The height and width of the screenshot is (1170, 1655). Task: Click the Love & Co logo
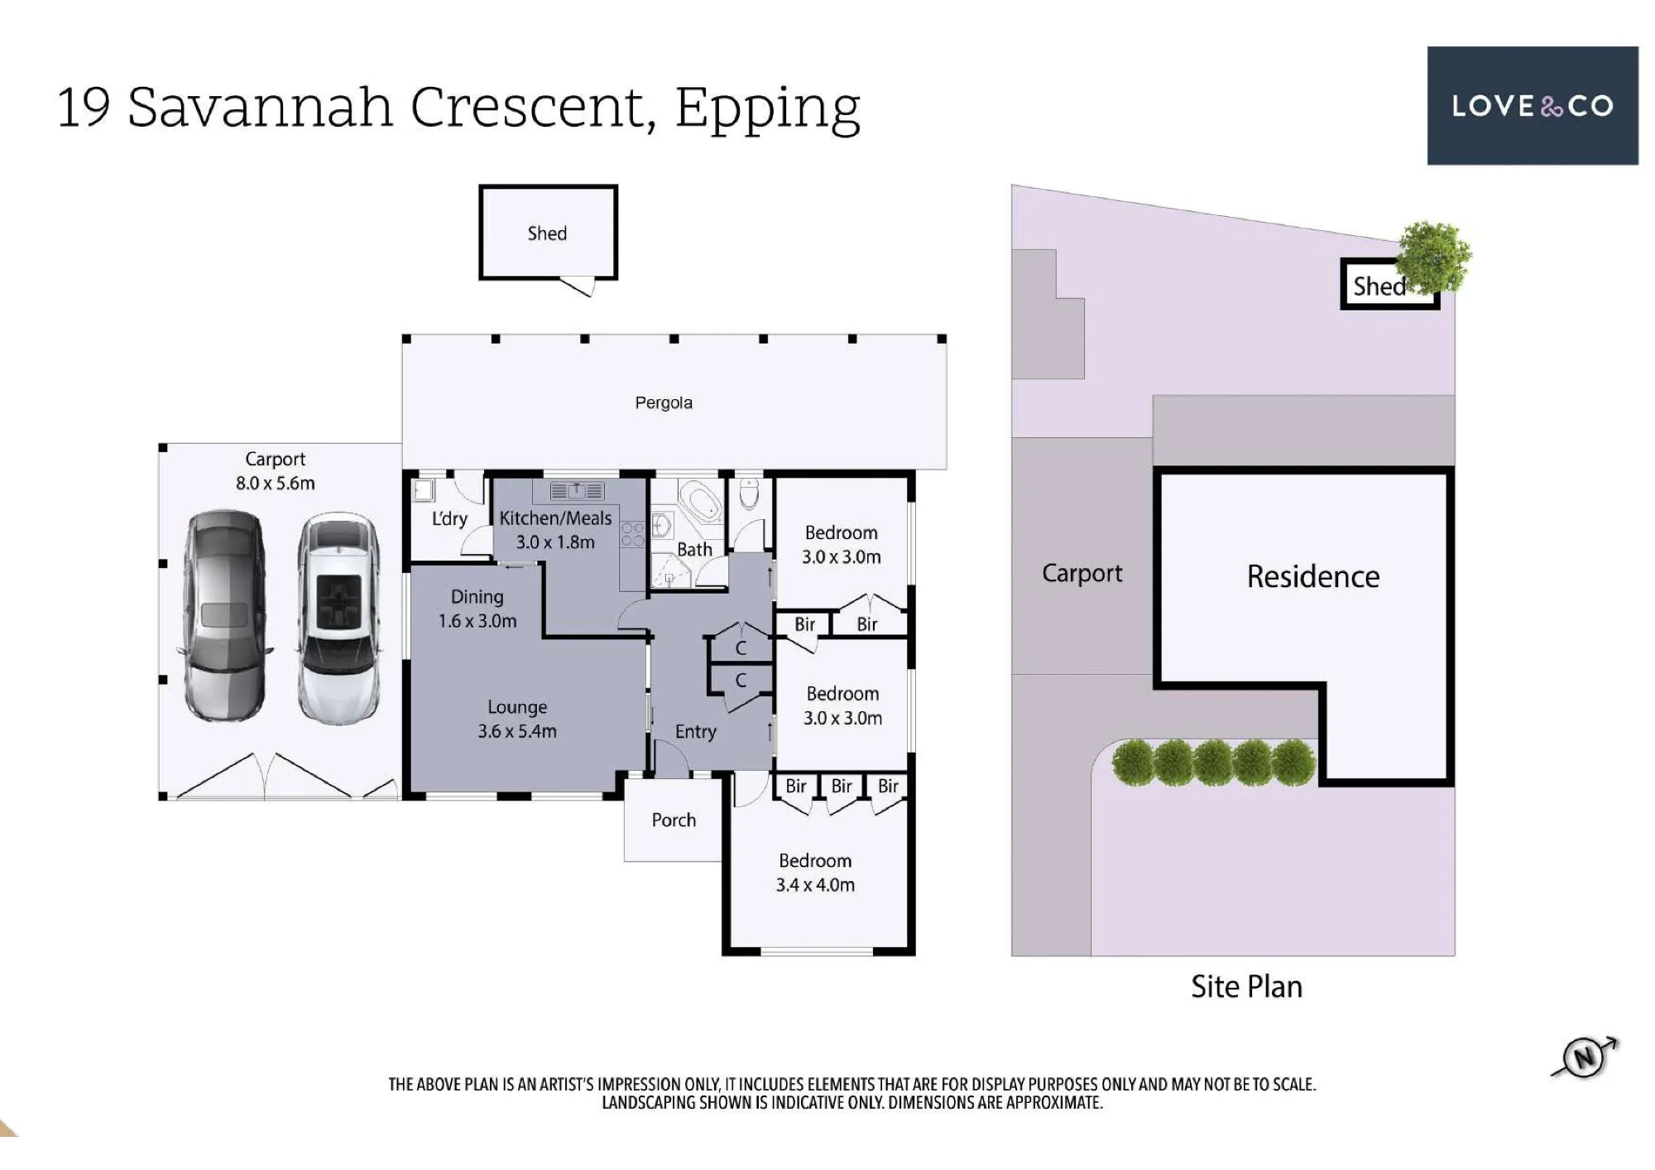[1533, 106]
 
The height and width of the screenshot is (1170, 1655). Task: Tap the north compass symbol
[1585, 1057]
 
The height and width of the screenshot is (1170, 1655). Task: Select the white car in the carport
[338, 619]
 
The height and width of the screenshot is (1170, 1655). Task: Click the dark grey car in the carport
[224, 615]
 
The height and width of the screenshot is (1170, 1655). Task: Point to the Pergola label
[664, 403]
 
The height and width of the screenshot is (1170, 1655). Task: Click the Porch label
[674, 820]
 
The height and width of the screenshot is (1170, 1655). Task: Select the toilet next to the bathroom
[749, 494]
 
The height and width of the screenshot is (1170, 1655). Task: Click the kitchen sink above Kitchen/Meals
[578, 491]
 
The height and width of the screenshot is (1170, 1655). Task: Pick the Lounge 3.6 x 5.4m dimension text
[517, 731]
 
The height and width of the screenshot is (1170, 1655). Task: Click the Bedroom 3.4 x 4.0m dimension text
[815, 884]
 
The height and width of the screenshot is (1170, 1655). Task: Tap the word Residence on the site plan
[1313, 576]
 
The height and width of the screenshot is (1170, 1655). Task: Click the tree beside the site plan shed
[1434, 257]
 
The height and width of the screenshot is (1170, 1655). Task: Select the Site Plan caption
[1246, 986]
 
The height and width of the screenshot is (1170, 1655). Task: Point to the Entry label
[695, 732]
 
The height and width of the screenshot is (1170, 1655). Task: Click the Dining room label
[477, 597]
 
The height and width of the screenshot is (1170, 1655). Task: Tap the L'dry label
[449, 519]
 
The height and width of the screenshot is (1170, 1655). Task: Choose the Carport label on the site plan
[1082, 573]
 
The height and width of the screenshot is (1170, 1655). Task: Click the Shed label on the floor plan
[547, 234]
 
